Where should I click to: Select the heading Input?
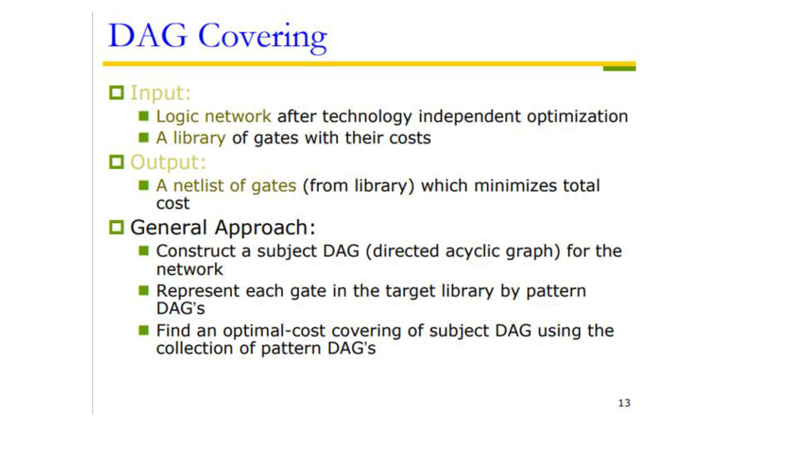[x=161, y=93]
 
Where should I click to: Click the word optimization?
[x=577, y=117]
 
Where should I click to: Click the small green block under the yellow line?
[x=619, y=68]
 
